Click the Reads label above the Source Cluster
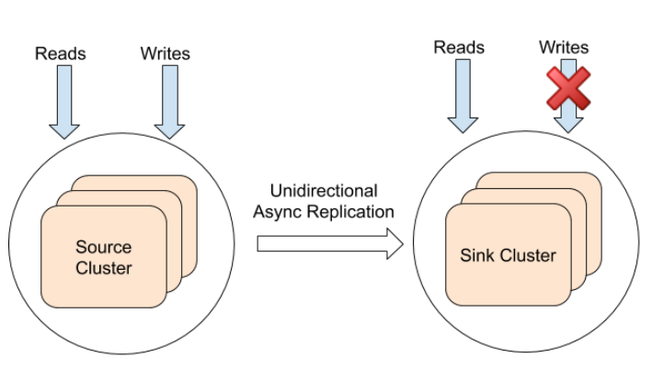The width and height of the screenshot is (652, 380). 61,53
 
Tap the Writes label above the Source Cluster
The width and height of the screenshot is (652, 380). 166,53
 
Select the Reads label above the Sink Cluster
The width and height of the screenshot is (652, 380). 459,47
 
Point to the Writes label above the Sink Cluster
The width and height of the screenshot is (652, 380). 564,47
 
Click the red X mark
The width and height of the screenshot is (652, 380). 568,88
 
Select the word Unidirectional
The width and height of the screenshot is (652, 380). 324,191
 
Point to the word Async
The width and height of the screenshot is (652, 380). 278,212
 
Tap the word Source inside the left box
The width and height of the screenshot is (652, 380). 103,247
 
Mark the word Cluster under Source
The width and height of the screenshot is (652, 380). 103,268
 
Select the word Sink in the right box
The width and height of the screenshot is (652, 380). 475,255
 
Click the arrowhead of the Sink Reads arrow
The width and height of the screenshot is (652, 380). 462,124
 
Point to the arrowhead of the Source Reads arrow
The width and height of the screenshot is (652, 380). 63,129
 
